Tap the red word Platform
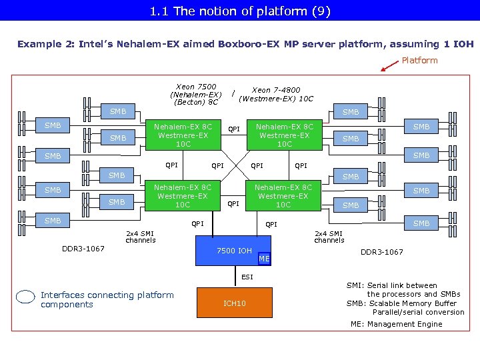coord(419,61)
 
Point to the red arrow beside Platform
coord(389,65)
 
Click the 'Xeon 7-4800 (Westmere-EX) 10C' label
coord(275,95)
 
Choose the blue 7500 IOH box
coord(234,251)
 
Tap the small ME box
coord(264,259)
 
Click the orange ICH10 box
coord(235,303)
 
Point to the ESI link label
coord(247,277)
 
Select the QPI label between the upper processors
coord(234,129)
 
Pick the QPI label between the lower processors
coord(233,204)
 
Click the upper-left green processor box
coord(183,135)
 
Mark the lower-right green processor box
coord(283,196)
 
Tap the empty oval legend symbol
coord(25,299)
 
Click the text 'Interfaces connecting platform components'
coord(107,300)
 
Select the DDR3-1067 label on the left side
coord(83,249)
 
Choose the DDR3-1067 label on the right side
coord(382,252)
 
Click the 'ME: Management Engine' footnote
coord(396,324)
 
